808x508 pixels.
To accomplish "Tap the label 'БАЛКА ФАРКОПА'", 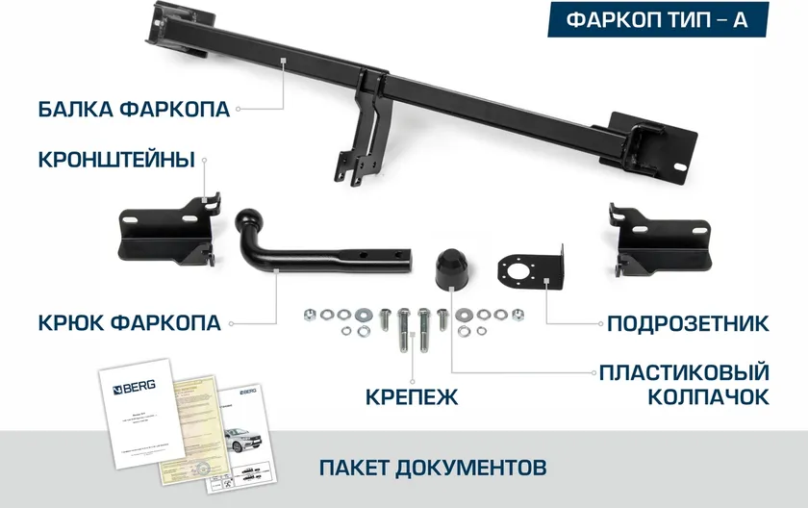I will [x=134, y=109].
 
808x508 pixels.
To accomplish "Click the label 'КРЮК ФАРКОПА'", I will [x=129, y=322].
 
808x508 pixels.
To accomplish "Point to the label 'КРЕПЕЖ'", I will [x=412, y=396].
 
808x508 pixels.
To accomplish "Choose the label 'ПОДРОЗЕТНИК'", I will [x=687, y=322].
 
